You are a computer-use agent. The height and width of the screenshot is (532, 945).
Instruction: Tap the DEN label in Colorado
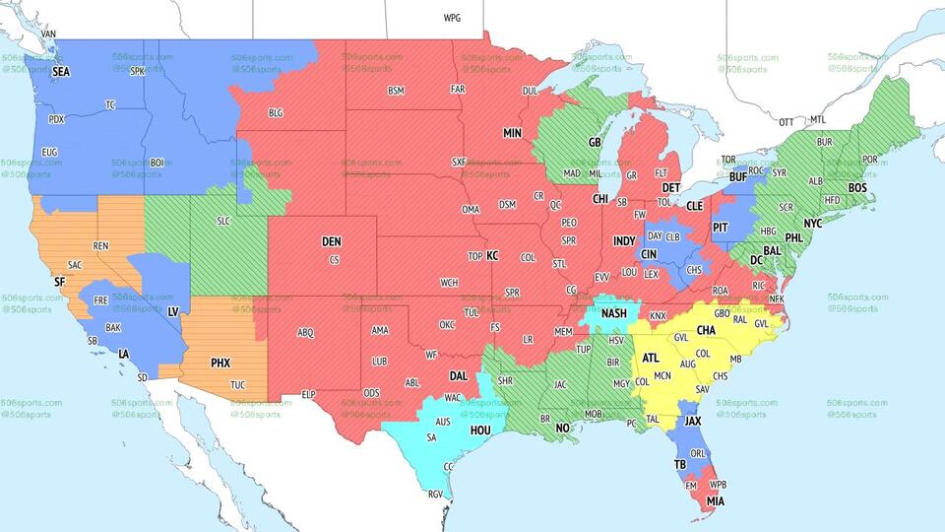pos(331,241)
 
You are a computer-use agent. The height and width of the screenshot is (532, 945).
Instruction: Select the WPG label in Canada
pos(452,18)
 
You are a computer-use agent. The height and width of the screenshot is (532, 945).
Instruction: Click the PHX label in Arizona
pos(220,363)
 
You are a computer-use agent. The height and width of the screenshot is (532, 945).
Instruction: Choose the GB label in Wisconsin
pos(595,142)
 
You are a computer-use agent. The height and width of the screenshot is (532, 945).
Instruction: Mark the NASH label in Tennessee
pos(614,313)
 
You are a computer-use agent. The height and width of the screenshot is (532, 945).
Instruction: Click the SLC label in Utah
pos(222,221)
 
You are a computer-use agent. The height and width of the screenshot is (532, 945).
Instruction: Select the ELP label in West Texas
pos(308,394)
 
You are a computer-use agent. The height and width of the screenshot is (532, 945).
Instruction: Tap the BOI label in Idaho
pos(157,163)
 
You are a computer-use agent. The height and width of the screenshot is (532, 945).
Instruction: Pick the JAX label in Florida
pos(694,422)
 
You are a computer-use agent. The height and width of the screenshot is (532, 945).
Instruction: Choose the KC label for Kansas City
pos(492,256)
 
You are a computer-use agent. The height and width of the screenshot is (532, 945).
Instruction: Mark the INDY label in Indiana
pos(624,240)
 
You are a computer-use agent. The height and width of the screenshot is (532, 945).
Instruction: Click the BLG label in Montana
pos(276,113)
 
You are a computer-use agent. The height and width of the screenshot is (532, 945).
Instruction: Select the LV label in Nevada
pos(173,311)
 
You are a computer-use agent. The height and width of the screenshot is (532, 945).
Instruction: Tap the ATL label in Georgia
pos(651,359)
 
